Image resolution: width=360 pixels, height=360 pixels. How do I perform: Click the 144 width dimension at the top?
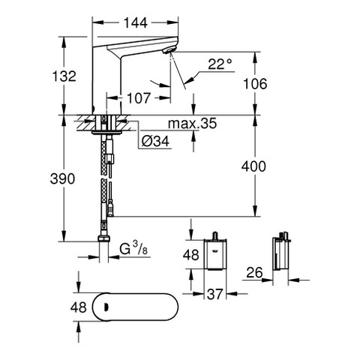pos(136,23)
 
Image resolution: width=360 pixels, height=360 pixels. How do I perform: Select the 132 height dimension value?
pos(64,76)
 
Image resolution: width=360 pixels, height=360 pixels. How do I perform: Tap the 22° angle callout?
pos(220,64)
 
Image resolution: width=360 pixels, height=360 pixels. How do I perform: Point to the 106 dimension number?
pos(255,84)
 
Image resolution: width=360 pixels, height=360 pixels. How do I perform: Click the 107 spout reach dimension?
pos(139,98)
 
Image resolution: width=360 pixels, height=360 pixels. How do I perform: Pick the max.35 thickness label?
pos(192,124)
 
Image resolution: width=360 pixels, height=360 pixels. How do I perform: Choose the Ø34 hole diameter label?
pos(155,142)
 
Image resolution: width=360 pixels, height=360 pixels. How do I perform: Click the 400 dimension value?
pos(253,166)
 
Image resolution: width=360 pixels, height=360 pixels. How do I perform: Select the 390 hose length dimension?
pos(62,178)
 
